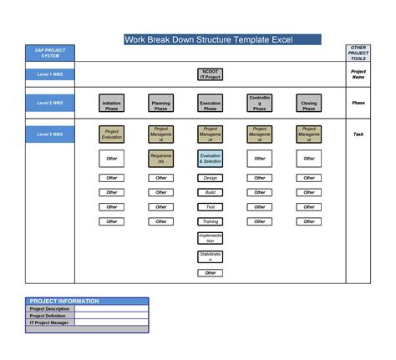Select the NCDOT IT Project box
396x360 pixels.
[210, 75]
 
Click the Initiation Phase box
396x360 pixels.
[111, 104]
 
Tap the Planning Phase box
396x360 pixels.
[160, 104]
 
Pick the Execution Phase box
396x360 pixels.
[210, 104]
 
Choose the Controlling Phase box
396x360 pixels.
[259, 104]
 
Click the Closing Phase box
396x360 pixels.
[308, 104]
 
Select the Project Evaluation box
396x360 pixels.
[111, 133]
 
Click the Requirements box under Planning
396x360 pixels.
[160, 158]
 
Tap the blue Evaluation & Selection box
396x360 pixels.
[210, 158]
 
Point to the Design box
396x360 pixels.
[210, 178]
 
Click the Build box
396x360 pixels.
[210, 192]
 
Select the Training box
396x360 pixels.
[210, 221]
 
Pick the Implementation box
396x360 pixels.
[210, 239]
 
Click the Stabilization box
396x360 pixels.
[210, 256]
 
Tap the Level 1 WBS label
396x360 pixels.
[49, 75]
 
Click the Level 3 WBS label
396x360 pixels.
[49, 133]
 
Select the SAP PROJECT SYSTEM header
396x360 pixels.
[49, 53]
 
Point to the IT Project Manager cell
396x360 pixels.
[49, 322]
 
